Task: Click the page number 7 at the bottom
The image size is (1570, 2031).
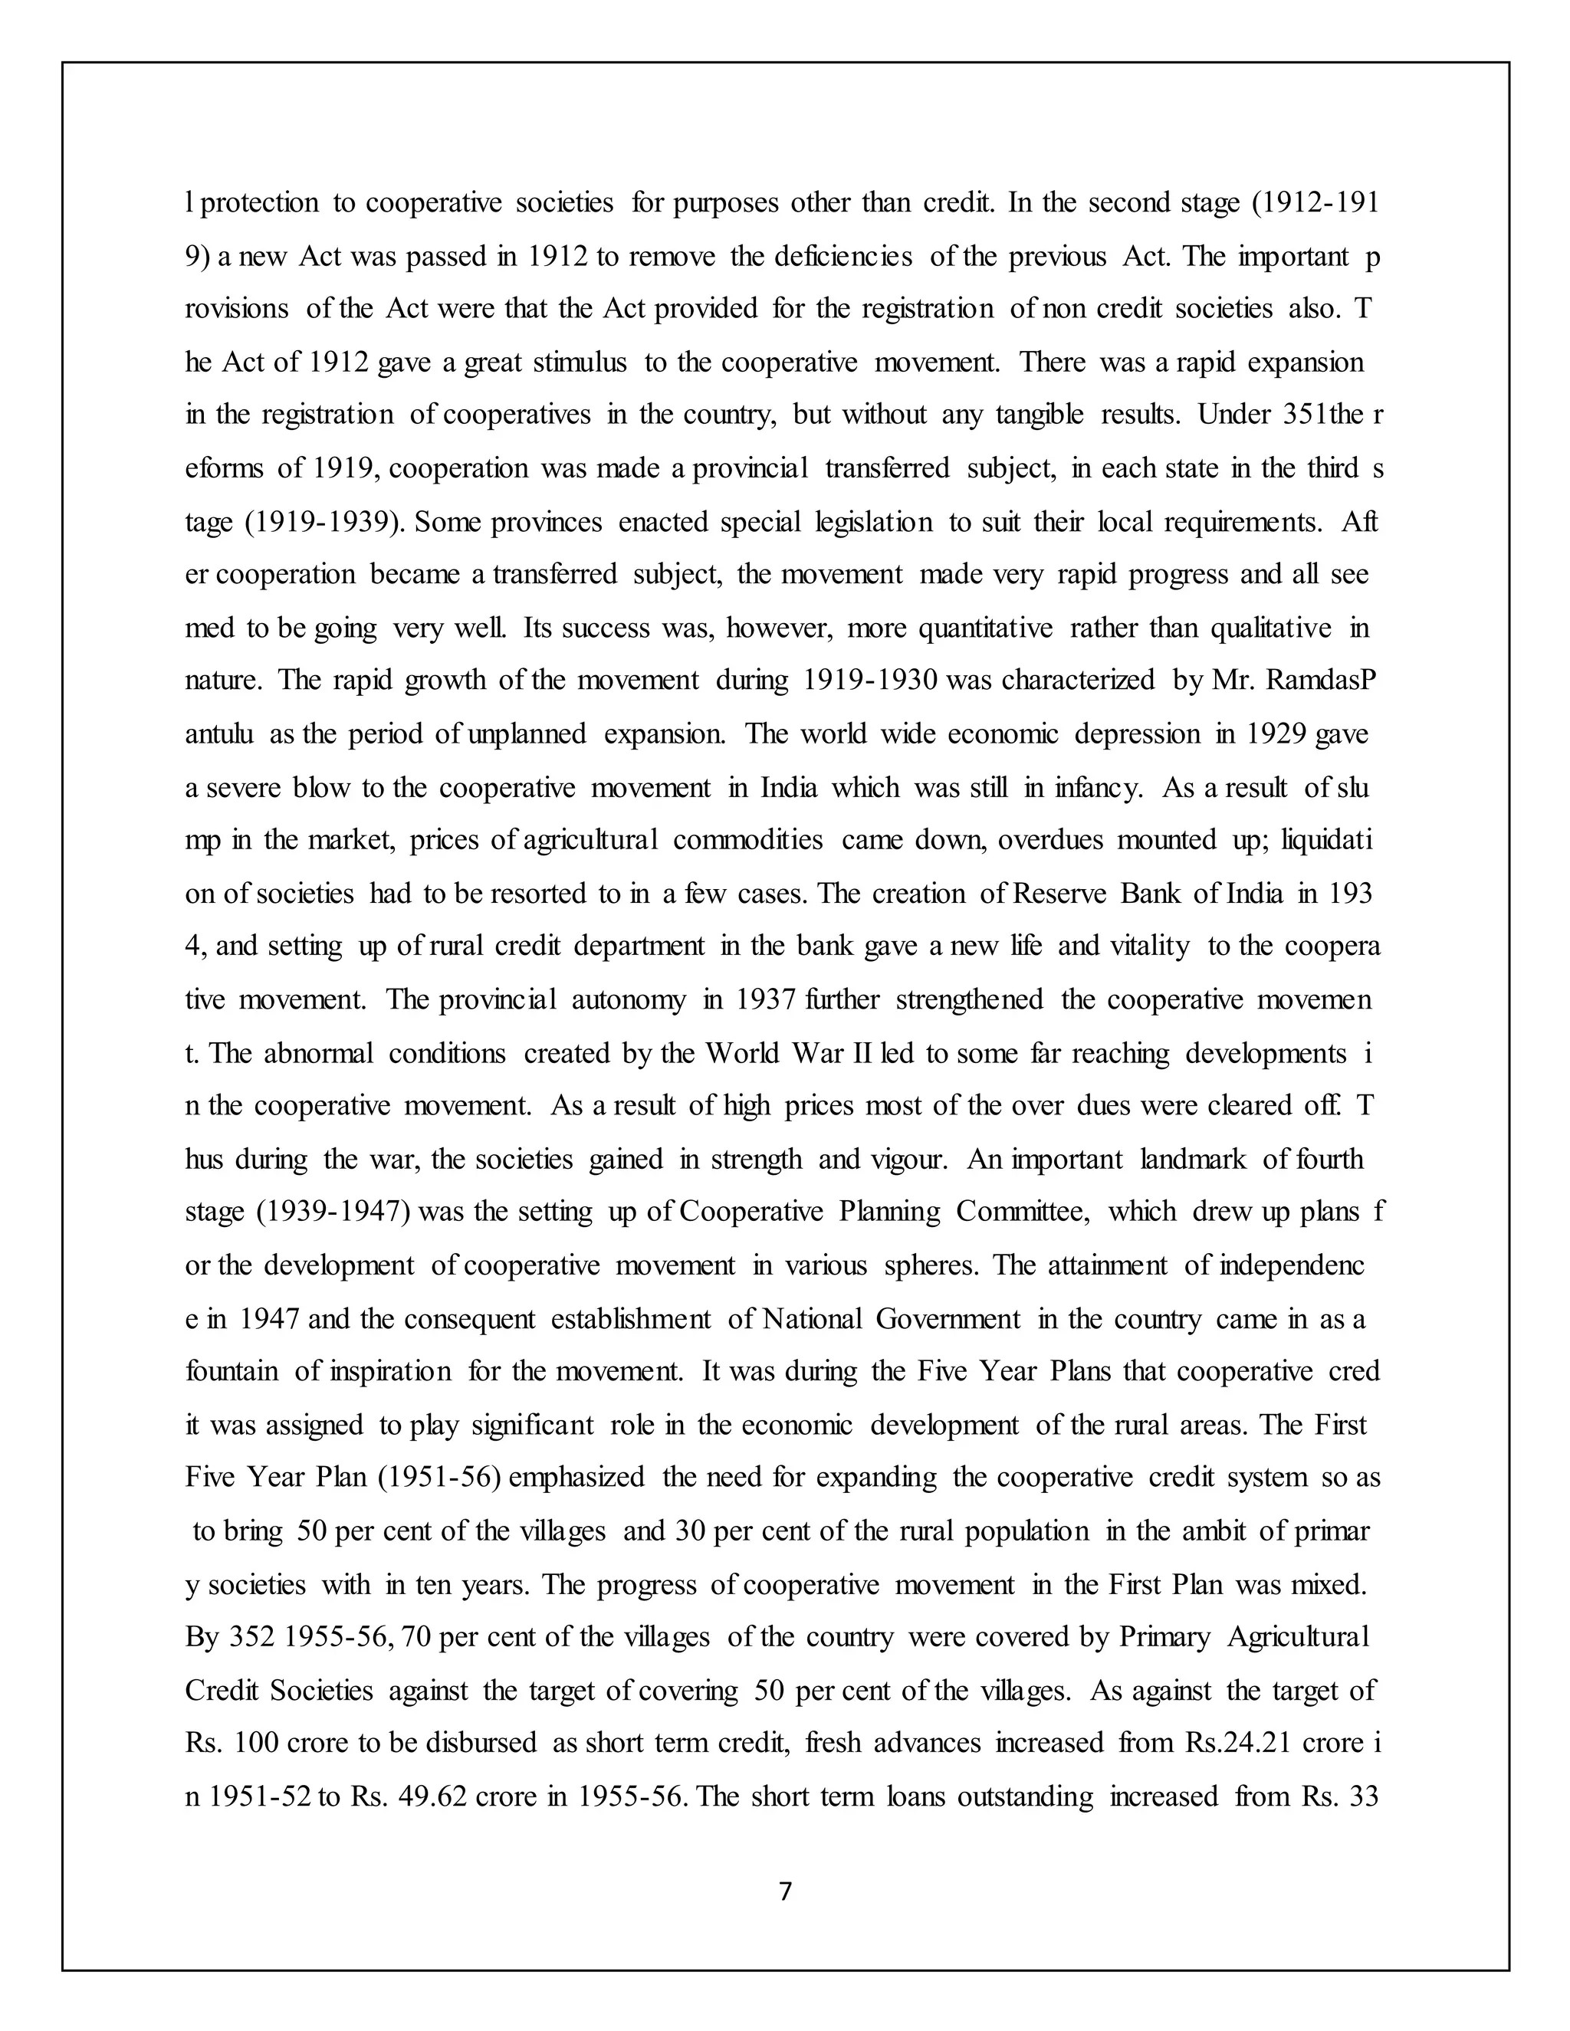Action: [785, 1891]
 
